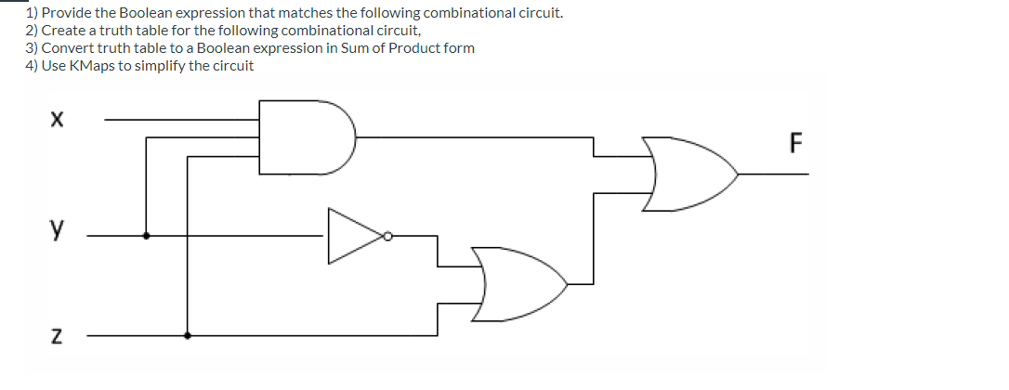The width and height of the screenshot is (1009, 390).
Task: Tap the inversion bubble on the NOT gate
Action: tap(389, 237)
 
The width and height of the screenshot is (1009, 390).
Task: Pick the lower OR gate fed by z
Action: tap(516, 284)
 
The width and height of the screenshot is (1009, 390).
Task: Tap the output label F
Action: tap(794, 144)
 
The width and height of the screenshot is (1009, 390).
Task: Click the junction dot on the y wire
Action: tap(146, 236)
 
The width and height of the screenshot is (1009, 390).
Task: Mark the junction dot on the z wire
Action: tap(188, 334)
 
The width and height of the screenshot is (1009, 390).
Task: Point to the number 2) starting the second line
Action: tap(32, 31)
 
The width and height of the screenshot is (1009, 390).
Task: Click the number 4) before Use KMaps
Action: tap(32, 66)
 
